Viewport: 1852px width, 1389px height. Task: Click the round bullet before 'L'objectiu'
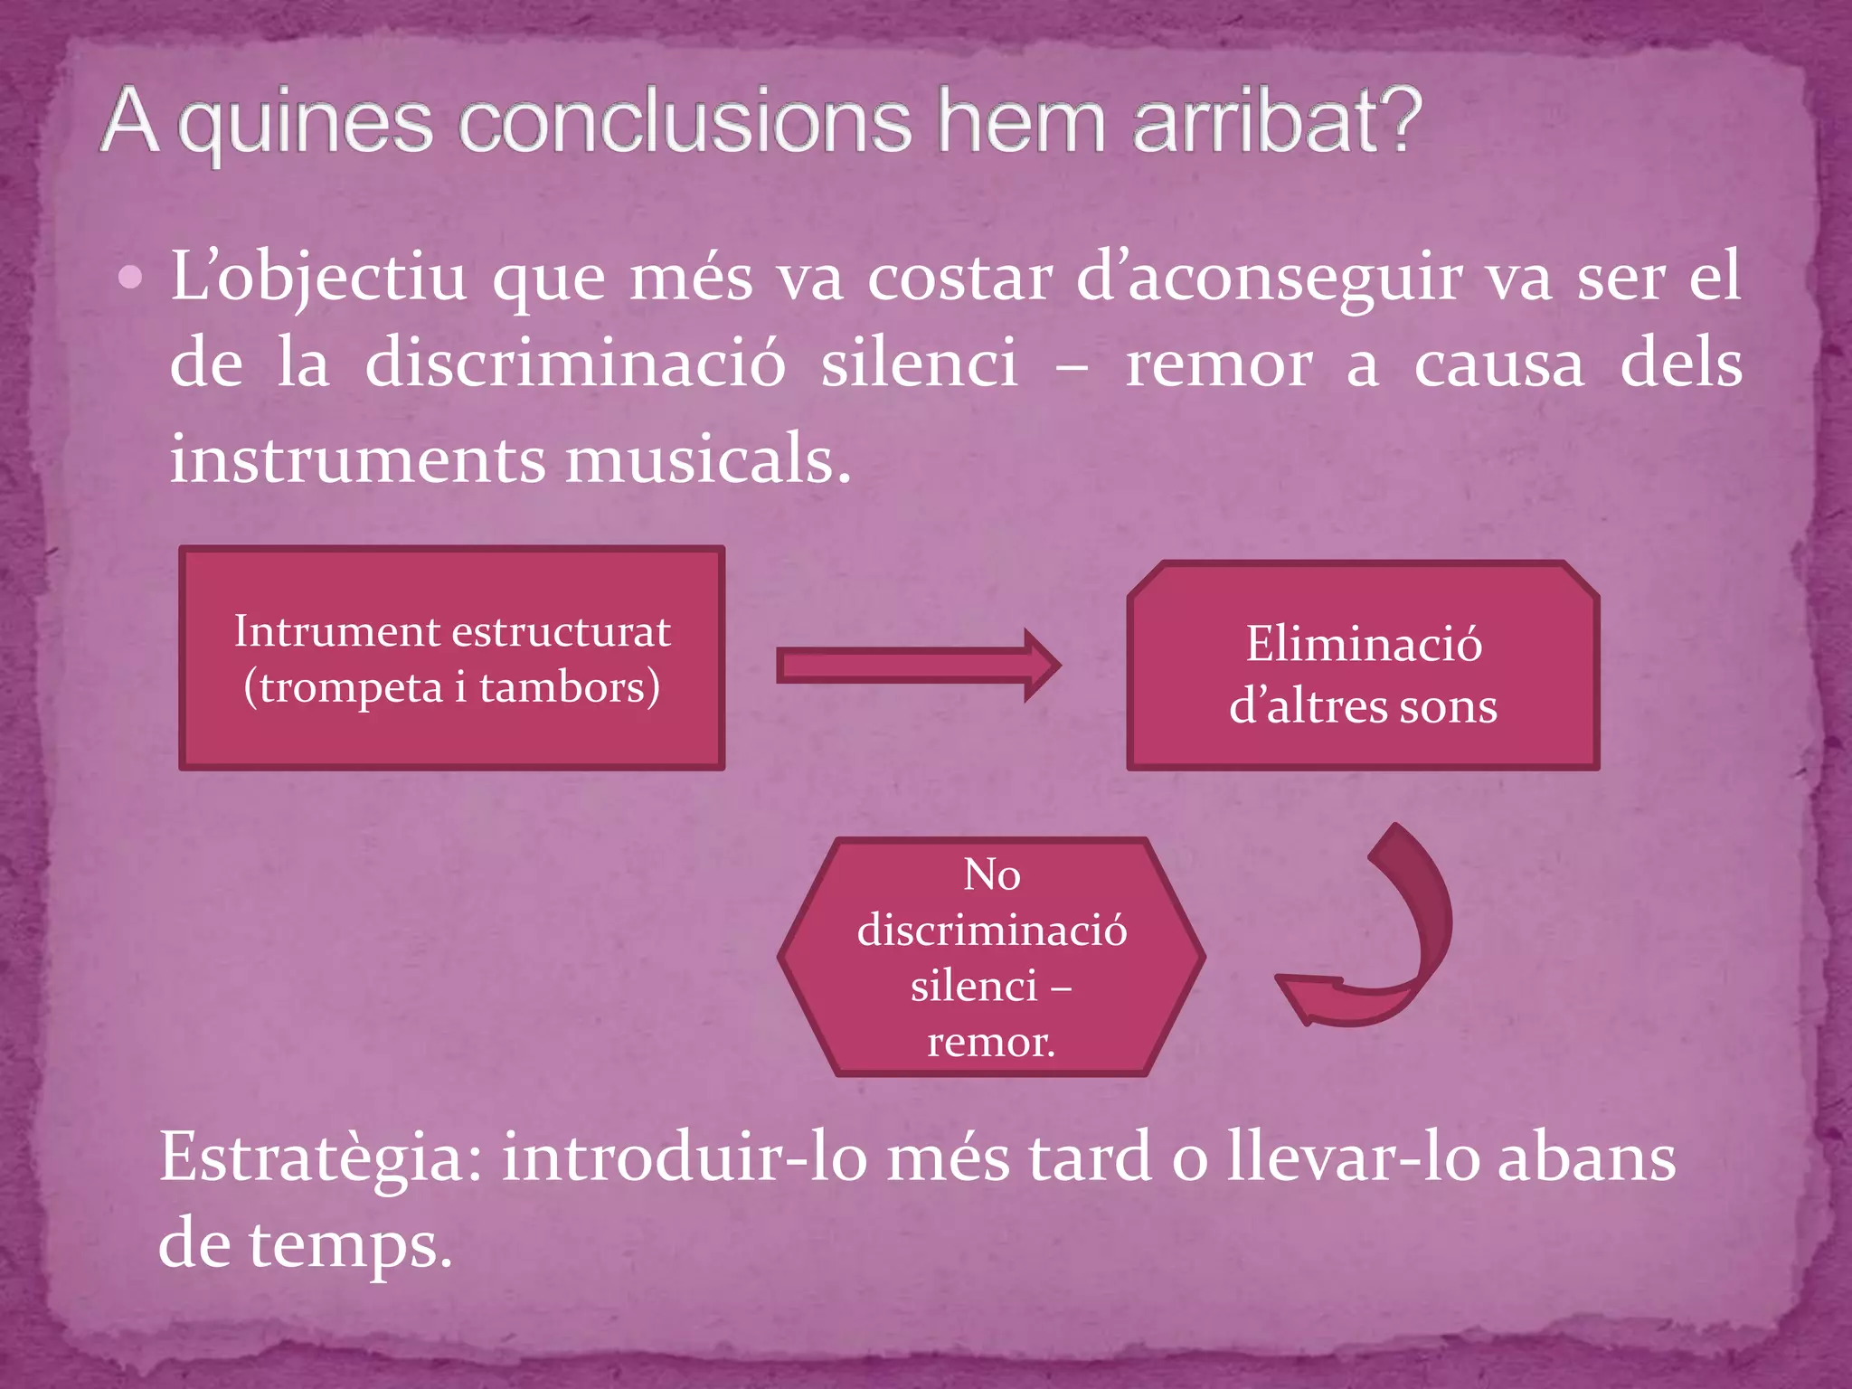[131, 278]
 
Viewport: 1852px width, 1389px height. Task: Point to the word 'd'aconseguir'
[1269, 278]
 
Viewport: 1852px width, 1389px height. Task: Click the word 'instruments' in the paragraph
[357, 459]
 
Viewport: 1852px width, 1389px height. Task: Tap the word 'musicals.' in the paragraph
[708, 459]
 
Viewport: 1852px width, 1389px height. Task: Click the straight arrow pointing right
[918, 666]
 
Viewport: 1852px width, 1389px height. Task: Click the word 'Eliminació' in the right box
[1364, 644]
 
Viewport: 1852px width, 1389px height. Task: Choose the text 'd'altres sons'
[1363, 706]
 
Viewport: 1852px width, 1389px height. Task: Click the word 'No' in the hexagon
[992, 874]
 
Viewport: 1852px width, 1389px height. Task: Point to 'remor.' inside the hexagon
[991, 1043]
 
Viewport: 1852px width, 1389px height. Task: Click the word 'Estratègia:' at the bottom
[321, 1158]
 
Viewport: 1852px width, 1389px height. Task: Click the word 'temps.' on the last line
[351, 1245]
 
